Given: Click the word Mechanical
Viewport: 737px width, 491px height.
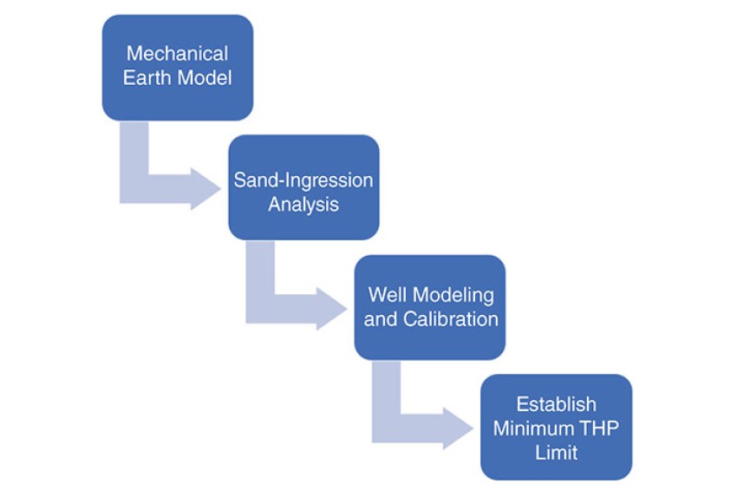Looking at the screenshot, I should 178,55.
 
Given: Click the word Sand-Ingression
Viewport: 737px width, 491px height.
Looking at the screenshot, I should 303,181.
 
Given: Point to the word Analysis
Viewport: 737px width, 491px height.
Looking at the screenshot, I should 303,205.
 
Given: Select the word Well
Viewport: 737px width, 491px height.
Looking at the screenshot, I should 387,295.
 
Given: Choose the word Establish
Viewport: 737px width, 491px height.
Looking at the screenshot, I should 556,404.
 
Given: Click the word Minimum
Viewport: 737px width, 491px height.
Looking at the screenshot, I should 532,428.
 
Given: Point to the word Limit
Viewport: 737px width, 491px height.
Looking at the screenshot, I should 556,451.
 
